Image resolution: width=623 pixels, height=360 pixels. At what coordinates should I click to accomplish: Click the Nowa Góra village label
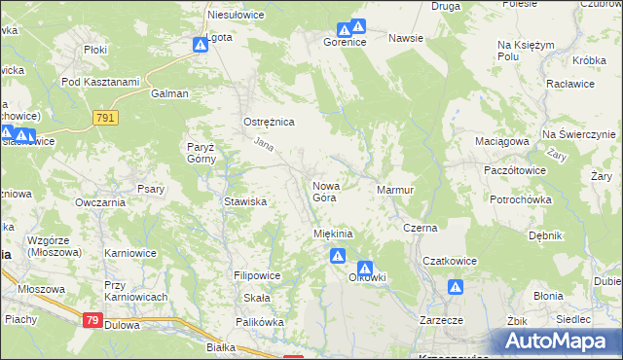point(324,191)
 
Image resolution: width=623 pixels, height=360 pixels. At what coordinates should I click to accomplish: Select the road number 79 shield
point(92,320)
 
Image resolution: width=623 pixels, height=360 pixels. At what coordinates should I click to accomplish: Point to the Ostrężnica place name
point(269,122)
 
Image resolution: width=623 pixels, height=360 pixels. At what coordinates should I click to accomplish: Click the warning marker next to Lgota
point(200,45)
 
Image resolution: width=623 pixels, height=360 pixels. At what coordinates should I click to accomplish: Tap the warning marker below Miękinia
point(337,257)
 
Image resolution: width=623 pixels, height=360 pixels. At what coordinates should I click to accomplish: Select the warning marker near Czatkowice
point(455,287)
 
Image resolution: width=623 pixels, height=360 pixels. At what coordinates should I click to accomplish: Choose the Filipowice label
point(257,275)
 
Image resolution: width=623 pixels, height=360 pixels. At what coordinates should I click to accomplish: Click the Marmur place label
point(396,190)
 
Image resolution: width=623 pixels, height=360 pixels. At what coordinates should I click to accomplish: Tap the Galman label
point(169,94)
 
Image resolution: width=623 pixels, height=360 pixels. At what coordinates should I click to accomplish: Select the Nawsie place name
point(405,38)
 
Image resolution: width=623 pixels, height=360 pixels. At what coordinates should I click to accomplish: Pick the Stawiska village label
point(245,201)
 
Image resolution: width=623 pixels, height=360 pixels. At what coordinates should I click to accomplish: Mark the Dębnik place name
point(545,234)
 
